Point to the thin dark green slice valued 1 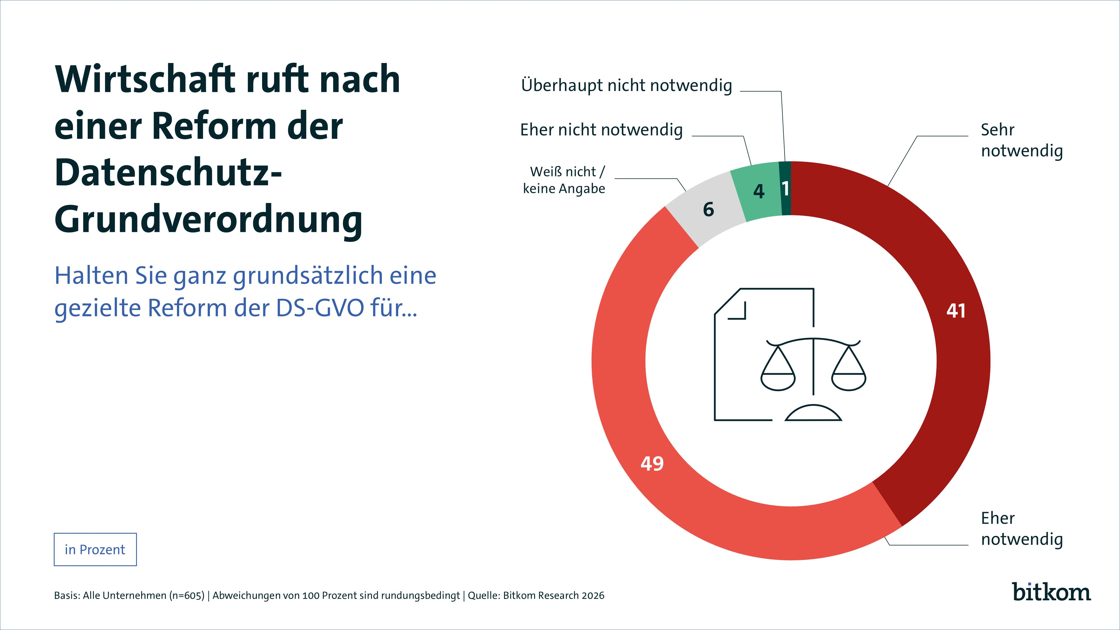coord(785,188)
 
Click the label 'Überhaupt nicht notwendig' coord(627,86)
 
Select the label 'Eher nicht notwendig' coord(601,130)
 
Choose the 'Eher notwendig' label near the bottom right coord(1022,528)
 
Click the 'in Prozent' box coord(95,550)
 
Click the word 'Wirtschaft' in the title coord(146,79)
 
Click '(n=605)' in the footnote coord(187,596)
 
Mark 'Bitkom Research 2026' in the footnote coord(554,596)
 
